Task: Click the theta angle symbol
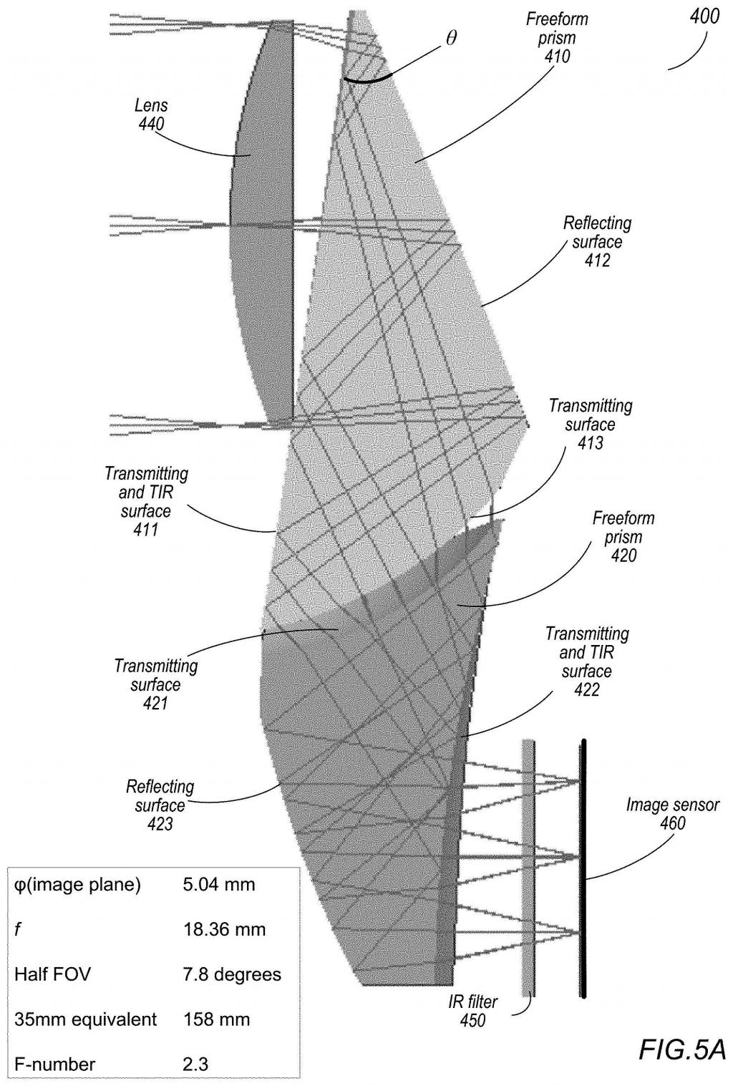pyautogui.click(x=451, y=39)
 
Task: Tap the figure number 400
pyautogui.click(x=704, y=18)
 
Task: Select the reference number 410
pyautogui.click(x=557, y=57)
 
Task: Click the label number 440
pyautogui.click(x=151, y=124)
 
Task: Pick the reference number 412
pyautogui.click(x=597, y=261)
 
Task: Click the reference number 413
pyautogui.click(x=590, y=443)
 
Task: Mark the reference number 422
pyautogui.click(x=586, y=689)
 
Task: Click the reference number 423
pyautogui.click(x=160, y=824)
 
